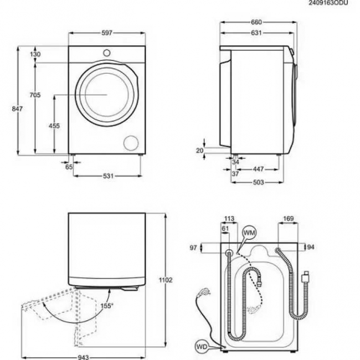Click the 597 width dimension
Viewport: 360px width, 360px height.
107,33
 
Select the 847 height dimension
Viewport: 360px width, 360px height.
17,109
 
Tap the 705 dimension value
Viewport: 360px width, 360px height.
35,95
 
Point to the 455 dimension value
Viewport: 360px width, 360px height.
54,126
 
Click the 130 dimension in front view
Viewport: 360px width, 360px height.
35,54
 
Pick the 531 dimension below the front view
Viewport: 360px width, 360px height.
107,176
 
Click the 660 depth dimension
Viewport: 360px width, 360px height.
255,22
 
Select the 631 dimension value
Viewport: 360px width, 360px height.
255,33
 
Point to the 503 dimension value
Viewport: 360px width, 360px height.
258,182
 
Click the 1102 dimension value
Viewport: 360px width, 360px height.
166,280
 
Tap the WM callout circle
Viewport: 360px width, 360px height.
249,232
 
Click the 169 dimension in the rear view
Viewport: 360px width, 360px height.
288,219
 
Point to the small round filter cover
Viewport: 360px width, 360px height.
131,142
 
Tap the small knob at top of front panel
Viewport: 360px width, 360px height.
107,52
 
